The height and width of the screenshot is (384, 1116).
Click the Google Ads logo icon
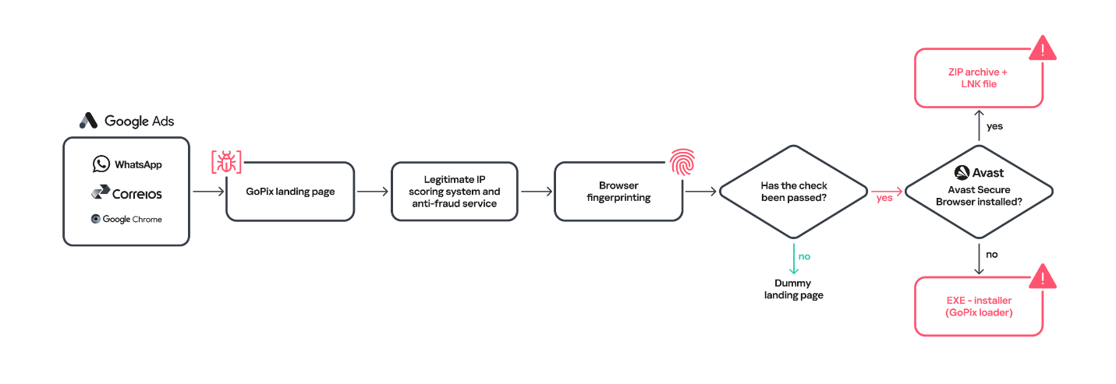pyautogui.click(x=88, y=121)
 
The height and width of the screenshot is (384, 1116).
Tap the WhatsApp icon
pyautogui.click(x=101, y=164)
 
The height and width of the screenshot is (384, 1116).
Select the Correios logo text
pyautogui.click(x=137, y=193)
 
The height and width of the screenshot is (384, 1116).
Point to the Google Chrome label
pyautogui.click(x=132, y=220)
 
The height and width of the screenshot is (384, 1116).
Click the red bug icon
pyautogui.click(x=226, y=162)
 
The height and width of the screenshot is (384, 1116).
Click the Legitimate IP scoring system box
pyautogui.click(x=454, y=192)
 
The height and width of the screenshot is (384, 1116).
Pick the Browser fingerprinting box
pyautogui.click(x=618, y=192)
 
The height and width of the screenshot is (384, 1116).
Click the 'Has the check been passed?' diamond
pyautogui.click(x=793, y=192)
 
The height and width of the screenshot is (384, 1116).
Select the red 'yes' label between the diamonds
pyautogui.click(x=884, y=198)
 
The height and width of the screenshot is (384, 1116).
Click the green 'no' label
pyautogui.click(x=804, y=256)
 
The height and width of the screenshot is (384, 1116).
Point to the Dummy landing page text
pyautogui.click(x=793, y=289)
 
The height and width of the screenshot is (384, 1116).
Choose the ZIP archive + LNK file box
pyautogui.click(x=978, y=78)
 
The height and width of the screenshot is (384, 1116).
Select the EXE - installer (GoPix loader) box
pyautogui.click(x=978, y=307)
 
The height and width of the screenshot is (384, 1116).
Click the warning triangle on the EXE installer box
pyautogui.click(x=1042, y=277)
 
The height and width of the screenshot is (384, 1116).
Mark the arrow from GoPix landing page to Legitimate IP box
pyautogui.click(x=372, y=192)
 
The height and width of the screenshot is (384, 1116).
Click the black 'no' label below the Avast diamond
pyautogui.click(x=991, y=254)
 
